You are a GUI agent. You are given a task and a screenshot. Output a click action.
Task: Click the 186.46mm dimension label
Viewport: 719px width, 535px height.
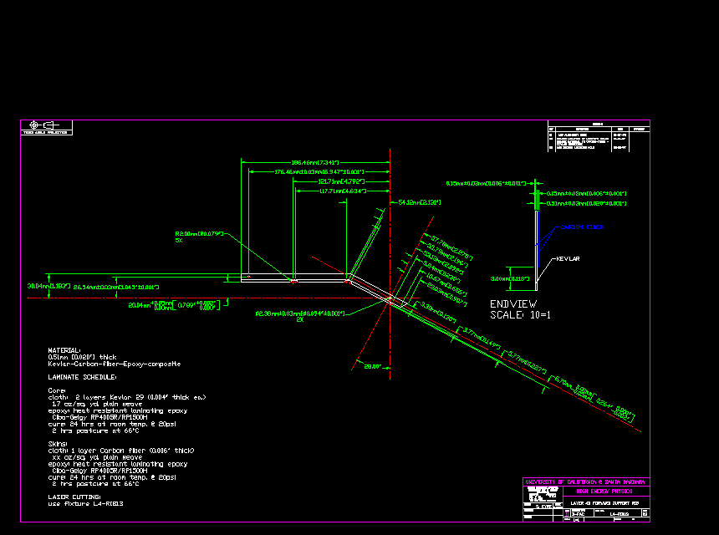click(314, 161)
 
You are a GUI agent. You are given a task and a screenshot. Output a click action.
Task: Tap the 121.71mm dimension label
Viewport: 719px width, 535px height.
click(341, 181)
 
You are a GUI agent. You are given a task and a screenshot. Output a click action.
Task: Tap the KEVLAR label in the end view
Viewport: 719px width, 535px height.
click(568, 258)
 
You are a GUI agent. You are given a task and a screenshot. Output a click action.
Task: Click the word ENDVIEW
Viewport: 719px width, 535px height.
click(513, 303)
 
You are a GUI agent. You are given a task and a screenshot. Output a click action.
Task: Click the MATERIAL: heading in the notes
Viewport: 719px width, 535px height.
click(64, 350)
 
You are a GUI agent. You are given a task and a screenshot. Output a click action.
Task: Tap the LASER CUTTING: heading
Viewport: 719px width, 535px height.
click(74, 497)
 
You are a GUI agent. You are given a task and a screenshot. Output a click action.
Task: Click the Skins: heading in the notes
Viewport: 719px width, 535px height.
click(58, 444)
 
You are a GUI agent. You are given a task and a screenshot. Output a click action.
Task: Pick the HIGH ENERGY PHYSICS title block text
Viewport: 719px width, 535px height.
click(604, 492)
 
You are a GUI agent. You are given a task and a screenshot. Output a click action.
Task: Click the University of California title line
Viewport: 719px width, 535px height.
click(585, 482)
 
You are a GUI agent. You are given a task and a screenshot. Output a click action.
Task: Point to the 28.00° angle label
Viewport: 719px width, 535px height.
click(372, 366)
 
